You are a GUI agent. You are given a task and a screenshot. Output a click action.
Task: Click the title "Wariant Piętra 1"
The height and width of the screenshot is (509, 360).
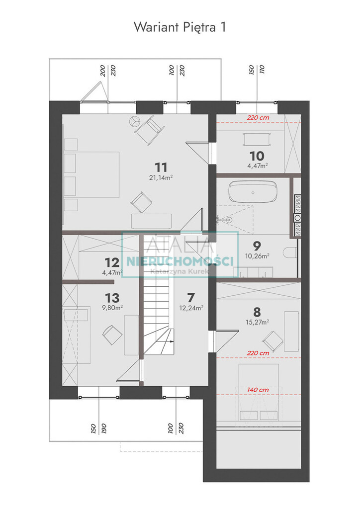coord(180,27)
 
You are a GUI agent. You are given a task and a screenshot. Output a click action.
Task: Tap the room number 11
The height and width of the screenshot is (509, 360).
coord(161,168)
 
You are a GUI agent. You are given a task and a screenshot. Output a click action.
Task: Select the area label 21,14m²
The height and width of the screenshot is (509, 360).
coord(161,177)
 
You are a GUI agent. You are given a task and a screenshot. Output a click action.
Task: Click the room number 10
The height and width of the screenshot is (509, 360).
coord(257,156)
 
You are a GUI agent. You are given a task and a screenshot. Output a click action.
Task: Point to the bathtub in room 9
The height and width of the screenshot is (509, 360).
coord(253,192)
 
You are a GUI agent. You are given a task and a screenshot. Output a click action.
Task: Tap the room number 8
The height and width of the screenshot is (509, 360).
coord(257,312)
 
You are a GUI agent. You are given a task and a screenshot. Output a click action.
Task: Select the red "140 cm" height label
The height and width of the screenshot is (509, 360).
coord(258,390)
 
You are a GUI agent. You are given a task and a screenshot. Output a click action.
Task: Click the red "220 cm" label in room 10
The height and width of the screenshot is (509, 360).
coord(258,118)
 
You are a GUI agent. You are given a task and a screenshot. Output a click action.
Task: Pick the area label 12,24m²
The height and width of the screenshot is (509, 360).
coord(191,308)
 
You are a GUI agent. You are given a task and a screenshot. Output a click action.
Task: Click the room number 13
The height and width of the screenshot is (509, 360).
coord(112,298)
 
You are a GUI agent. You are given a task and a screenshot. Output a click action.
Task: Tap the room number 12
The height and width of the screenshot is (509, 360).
coord(112,262)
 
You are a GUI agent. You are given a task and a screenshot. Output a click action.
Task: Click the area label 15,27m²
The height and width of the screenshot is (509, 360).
coord(257,322)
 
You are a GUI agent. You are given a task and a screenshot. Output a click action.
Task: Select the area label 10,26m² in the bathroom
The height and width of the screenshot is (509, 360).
coord(257,256)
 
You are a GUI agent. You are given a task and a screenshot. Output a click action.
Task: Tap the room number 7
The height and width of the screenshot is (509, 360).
coord(191,298)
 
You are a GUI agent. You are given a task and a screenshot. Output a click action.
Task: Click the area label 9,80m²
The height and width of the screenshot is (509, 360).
coord(112,307)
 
